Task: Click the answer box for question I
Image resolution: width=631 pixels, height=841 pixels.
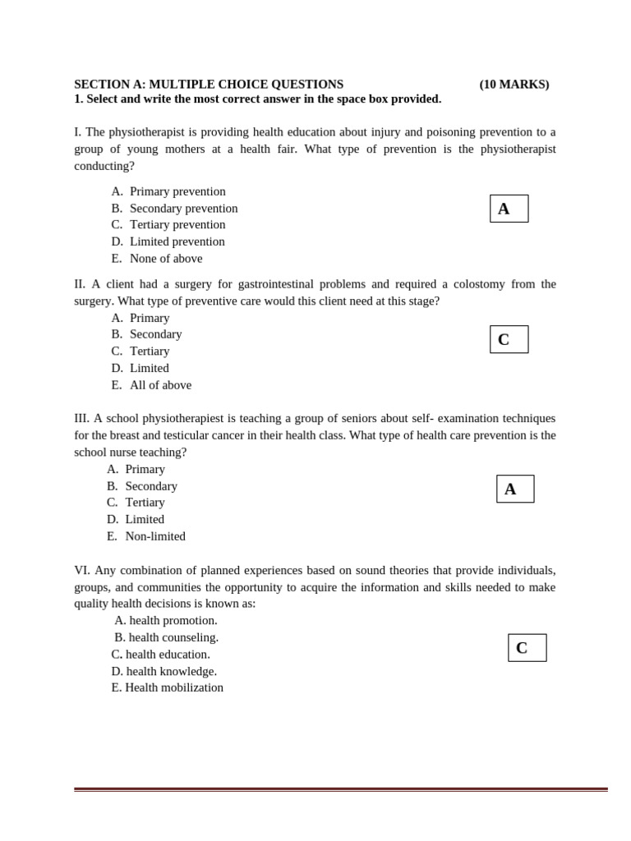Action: click(509, 209)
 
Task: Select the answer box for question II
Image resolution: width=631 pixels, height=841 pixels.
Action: click(509, 339)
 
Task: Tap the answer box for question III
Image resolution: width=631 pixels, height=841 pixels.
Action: click(515, 489)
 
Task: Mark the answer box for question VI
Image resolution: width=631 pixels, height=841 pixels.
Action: click(527, 647)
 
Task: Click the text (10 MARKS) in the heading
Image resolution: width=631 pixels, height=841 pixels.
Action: click(514, 85)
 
